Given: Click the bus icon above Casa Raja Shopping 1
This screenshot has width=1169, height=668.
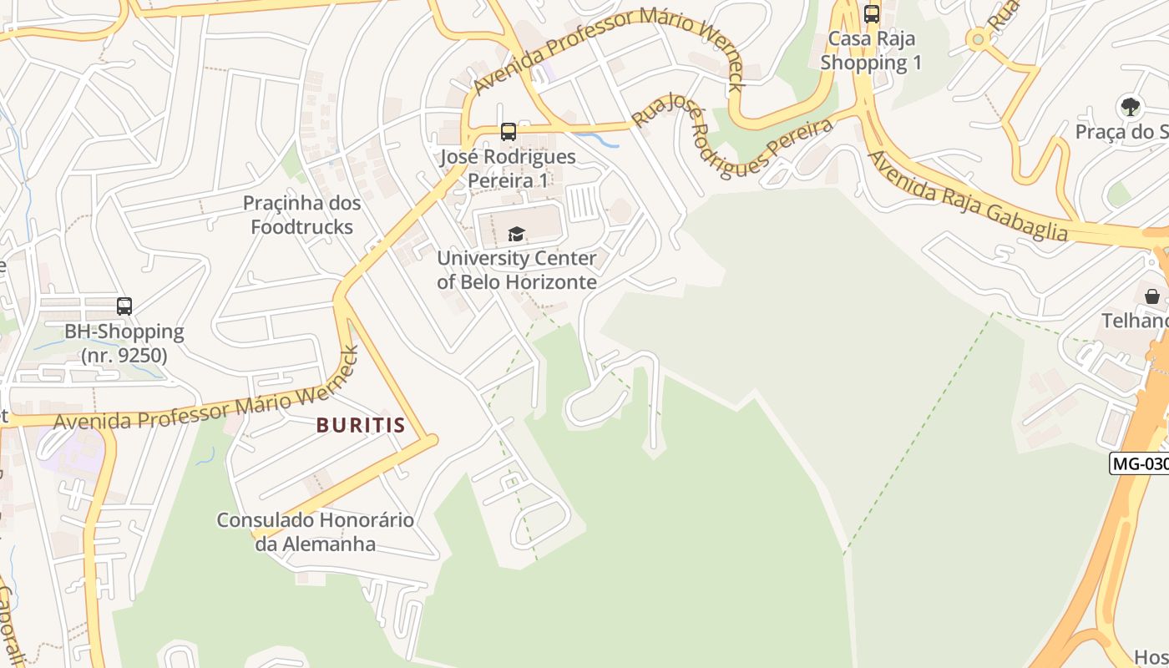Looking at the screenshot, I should pyautogui.click(x=872, y=14).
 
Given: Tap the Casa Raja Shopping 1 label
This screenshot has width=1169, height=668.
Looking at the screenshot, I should pyautogui.click(x=870, y=51).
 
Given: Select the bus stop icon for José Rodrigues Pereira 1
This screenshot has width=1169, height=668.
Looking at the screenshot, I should pyautogui.click(x=508, y=132).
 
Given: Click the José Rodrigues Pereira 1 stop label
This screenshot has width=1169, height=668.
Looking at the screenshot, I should pyautogui.click(x=508, y=168).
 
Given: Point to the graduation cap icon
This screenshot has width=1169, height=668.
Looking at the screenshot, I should pyautogui.click(x=516, y=234).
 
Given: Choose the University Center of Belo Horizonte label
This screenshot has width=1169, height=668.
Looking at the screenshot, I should pyautogui.click(x=517, y=270).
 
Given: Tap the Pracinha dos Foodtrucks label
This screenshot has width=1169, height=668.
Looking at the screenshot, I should pyautogui.click(x=301, y=215).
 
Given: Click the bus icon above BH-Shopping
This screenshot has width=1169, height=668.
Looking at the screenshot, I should pyautogui.click(x=124, y=306).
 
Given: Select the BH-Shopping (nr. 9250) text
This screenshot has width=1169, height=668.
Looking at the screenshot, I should pyautogui.click(x=124, y=343).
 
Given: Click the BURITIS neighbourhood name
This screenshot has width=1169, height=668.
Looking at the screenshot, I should pyautogui.click(x=361, y=425).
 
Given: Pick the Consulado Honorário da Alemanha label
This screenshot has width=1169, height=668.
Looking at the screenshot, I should pyautogui.click(x=316, y=532).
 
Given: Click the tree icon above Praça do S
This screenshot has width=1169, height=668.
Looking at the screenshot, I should pyautogui.click(x=1130, y=107).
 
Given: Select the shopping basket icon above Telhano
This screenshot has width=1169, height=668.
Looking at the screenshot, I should pyautogui.click(x=1151, y=296).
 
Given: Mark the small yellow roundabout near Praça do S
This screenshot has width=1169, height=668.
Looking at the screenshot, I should pyautogui.click(x=976, y=38).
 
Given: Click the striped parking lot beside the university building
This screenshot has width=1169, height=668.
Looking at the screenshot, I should pyautogui.click(x=583, y=203).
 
